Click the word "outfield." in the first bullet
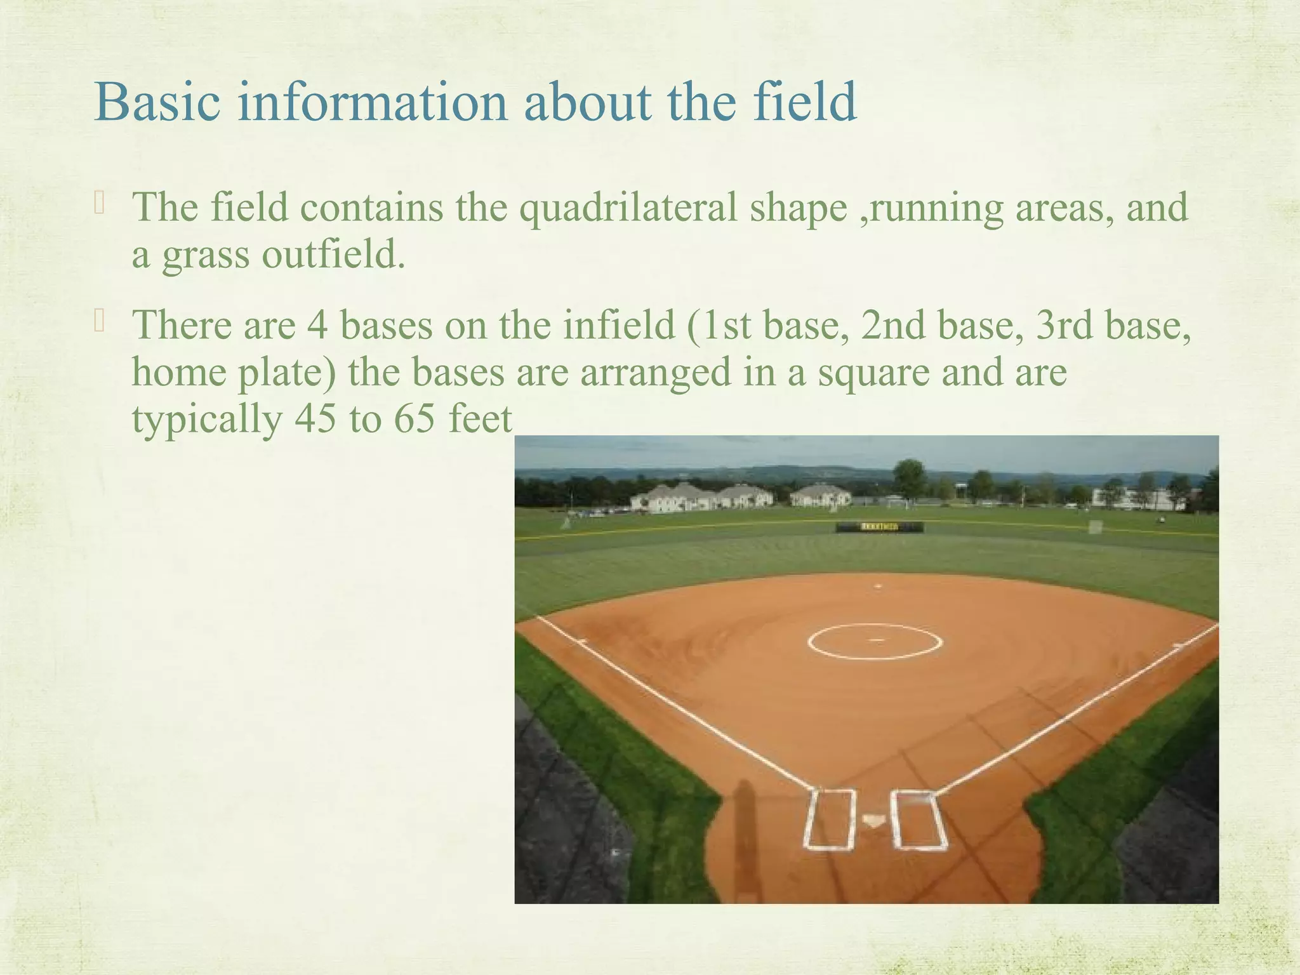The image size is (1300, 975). (333, 254)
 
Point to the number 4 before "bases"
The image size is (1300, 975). (317, 325)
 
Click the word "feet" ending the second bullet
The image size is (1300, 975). (480, 419)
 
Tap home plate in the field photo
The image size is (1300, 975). (874, 821)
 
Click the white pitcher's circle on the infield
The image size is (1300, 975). (875, 641)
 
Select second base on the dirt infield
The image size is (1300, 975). (878, 586)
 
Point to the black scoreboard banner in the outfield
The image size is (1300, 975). (879, 527)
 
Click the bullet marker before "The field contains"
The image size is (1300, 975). (99, 204)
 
